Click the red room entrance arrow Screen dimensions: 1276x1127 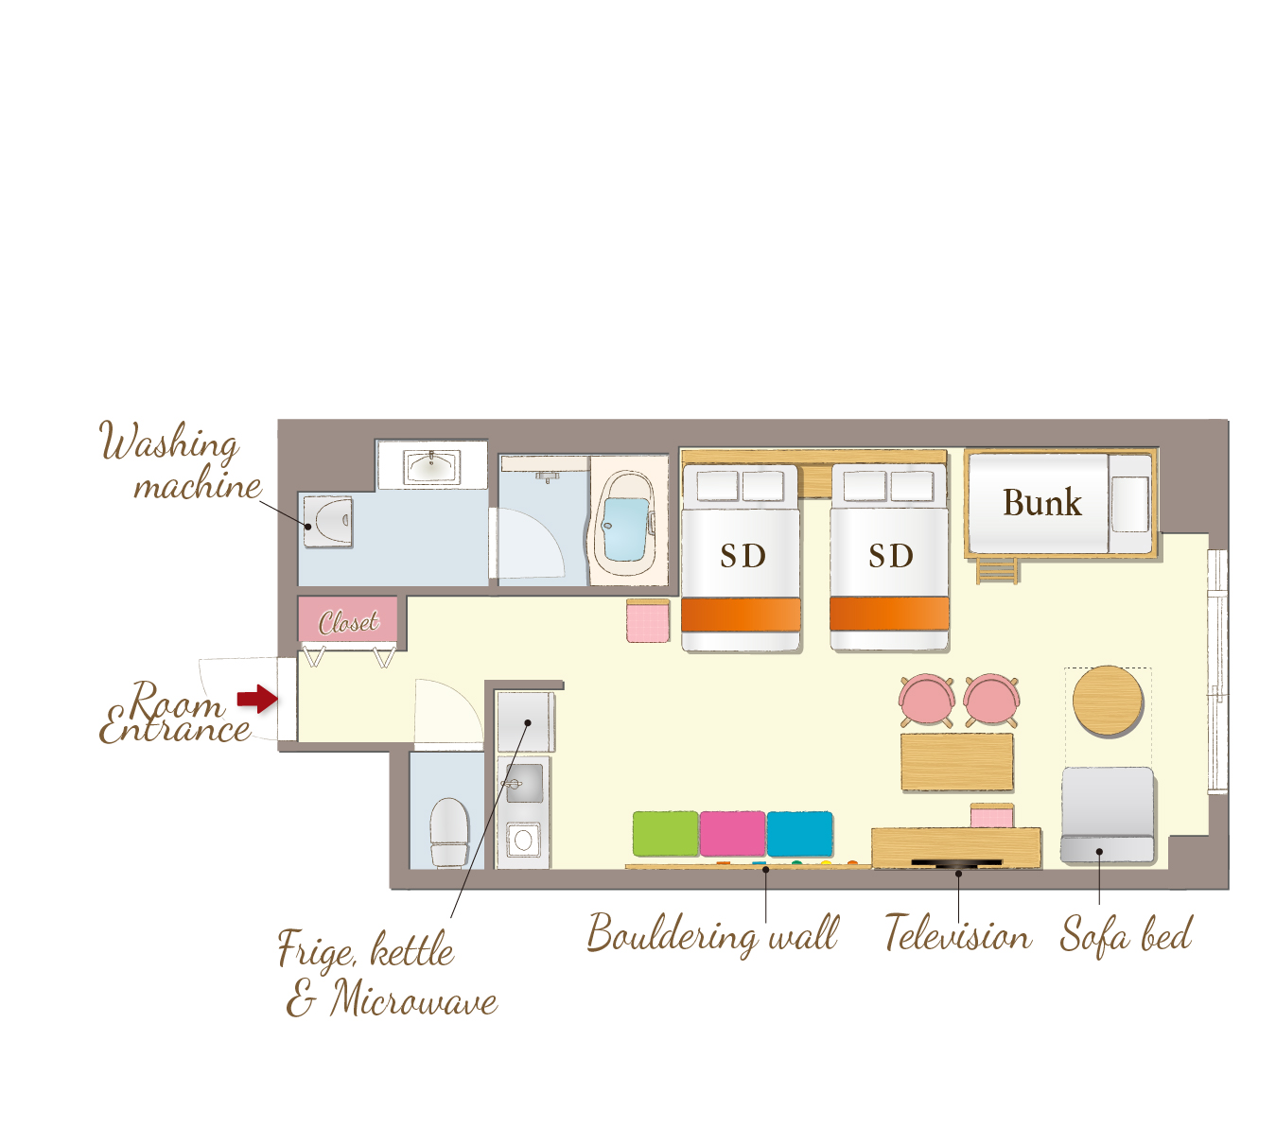[x=257, y=699]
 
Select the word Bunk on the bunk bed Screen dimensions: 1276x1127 [x=1041, y=502]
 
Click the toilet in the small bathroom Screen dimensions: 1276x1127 [x=449, y=832]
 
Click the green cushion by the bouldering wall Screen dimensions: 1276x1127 [x=665, y=834]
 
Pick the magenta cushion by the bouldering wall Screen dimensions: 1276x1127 [x=732, y=834]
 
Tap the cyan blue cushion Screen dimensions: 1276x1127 [x=799, y=834]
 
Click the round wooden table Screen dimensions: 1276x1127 [x=1107, y=701]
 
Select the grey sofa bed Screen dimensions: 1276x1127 [x=1107, y=814]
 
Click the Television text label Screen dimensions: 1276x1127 [x=957, y=933]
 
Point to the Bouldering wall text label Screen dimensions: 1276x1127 [x=712, y=934]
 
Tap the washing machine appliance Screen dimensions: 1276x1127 [x=327, y=521]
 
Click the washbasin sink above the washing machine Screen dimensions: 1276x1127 [x=430, y=466]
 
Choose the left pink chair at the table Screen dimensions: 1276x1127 [x=926, y=700]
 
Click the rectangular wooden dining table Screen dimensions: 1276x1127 [x=956, y=762]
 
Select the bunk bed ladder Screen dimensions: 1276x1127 [x=996, y=571]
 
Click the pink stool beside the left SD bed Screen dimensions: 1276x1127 [x=647, y=621]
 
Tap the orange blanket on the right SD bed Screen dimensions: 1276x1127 [x=889, y=614]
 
